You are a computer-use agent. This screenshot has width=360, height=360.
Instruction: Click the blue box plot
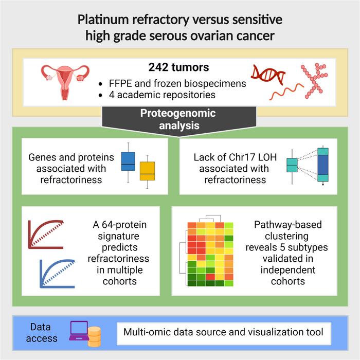coord(128,161)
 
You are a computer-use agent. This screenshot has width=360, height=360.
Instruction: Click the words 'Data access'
coord(44,332)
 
